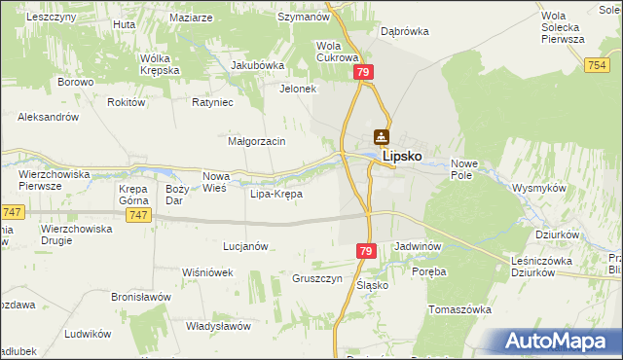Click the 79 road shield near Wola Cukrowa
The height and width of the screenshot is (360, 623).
[x=363, y=73]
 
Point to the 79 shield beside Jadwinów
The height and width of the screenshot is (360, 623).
[x=365, y=251]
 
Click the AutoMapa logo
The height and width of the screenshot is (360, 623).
[x=561, y=341]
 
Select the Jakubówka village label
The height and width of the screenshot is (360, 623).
[x=257, y=66]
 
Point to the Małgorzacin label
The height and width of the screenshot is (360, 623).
[x=256, y=141]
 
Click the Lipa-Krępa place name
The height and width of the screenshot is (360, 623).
[x=276, y=194]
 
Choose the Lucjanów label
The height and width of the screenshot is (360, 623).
[x=244, y=247]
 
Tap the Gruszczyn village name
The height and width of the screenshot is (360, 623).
[x=317, y=277]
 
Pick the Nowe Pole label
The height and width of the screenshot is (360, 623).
[x=461, y=170]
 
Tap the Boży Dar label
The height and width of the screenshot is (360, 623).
[x=175, y=194]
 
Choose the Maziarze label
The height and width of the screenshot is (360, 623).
[x=191, y=18]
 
